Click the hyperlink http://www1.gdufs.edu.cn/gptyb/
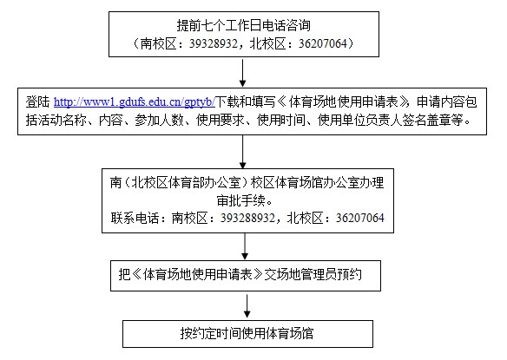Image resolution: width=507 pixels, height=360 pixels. [135, 102]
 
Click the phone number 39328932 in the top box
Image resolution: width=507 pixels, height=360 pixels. [214, 43]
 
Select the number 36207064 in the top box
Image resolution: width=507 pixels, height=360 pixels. [322, 43]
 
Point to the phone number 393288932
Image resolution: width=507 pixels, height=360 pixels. [247, 218]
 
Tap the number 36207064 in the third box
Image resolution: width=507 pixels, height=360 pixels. [360, 218]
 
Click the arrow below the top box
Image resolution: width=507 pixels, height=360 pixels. [242, 73]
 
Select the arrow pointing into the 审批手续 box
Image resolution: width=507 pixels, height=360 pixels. [242, 152]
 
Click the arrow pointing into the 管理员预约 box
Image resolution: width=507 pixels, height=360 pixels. [245, 246]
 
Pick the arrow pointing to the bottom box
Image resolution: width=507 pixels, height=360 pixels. [247, 306]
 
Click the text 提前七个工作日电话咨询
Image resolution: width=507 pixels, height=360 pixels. [243, 25]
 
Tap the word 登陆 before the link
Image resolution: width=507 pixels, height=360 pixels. [38, 102]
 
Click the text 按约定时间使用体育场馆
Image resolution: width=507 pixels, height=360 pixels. [247, 333]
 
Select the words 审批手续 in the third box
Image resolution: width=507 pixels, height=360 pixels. [240, 200]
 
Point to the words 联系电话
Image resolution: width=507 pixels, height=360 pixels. [135, 218]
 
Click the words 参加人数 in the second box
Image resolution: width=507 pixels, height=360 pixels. [159, 121]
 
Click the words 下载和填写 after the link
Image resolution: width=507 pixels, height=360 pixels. [246, 102]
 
